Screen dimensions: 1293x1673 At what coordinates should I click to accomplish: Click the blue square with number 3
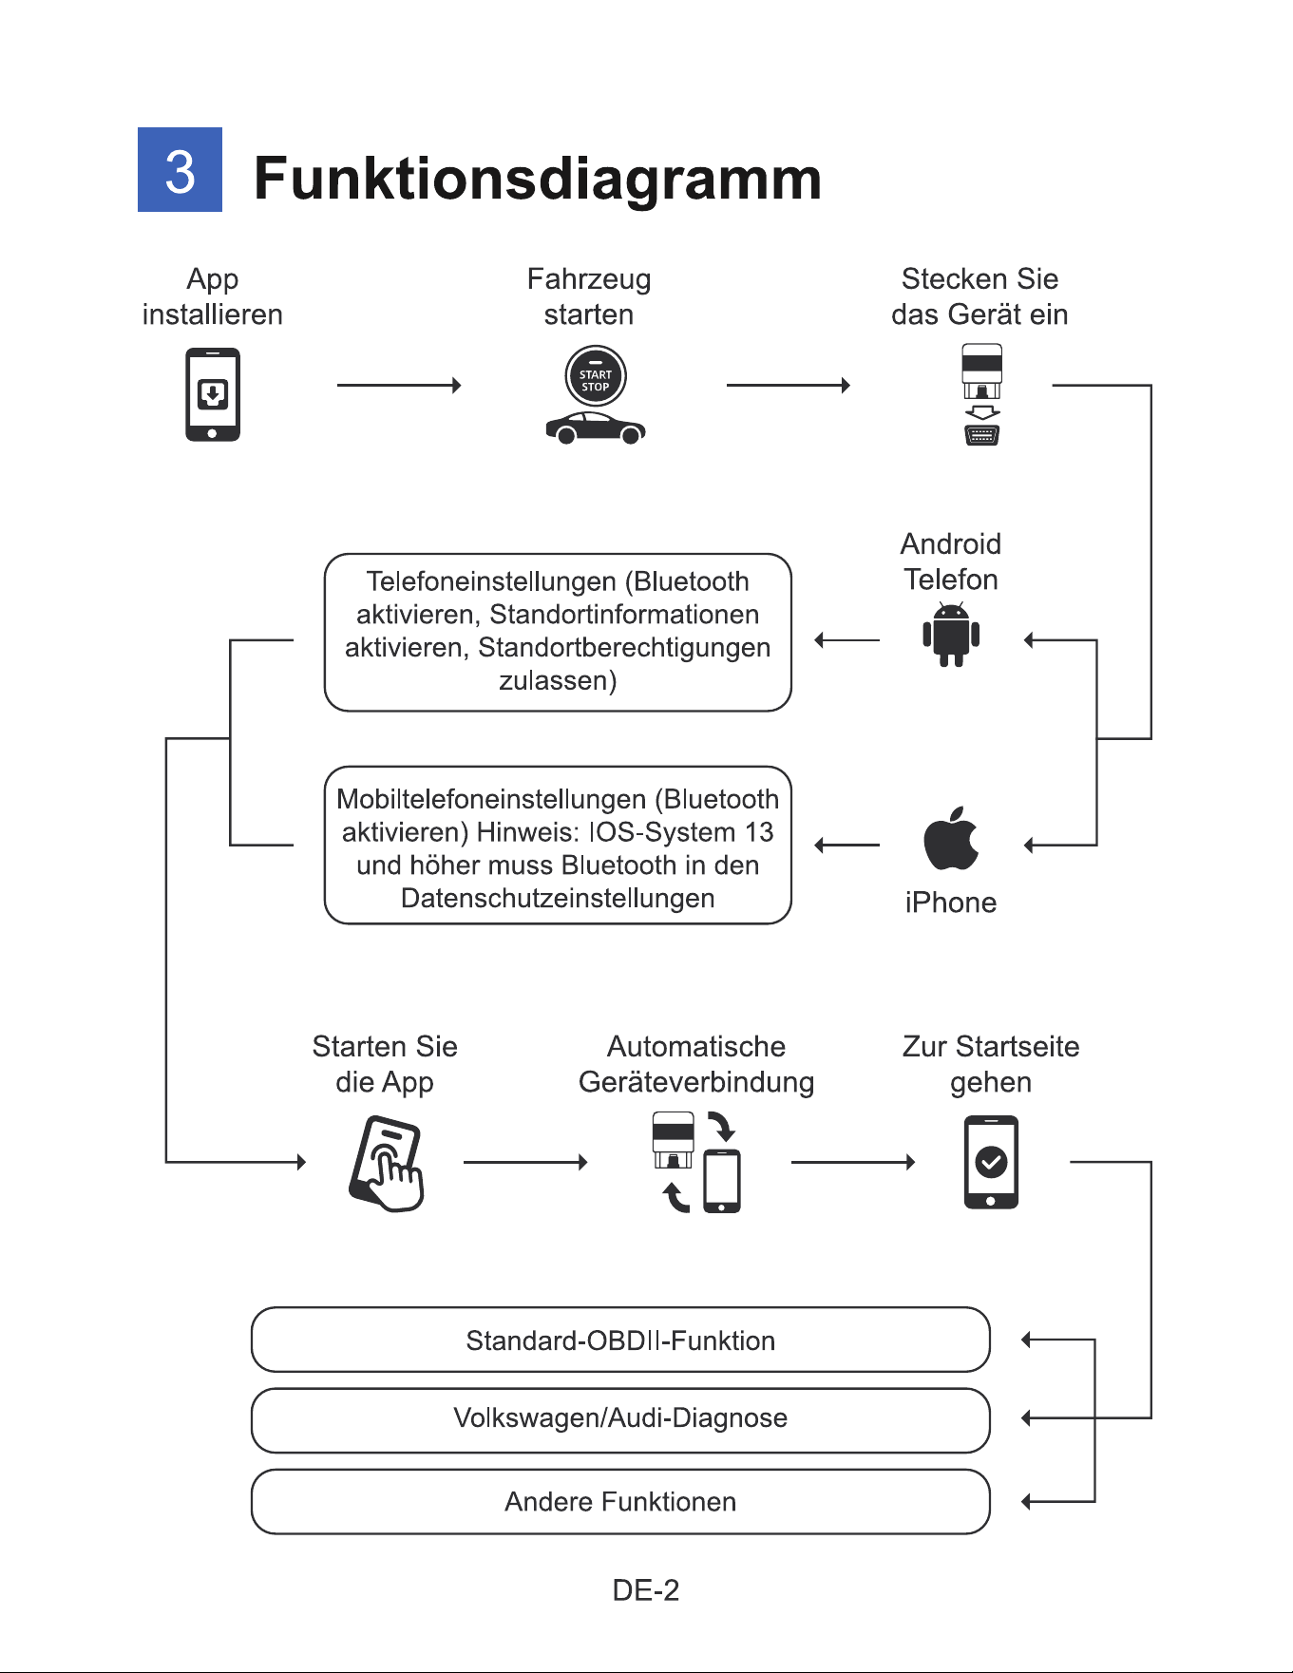[180, 169]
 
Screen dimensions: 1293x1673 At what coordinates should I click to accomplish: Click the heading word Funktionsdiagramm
[538, 179]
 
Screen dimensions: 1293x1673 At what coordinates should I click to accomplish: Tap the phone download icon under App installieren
[213, 394]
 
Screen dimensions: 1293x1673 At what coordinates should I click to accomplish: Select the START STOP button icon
[596, 376]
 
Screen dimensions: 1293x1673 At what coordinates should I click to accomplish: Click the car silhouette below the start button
[596, 428]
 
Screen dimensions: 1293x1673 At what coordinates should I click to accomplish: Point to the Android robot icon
[951, 634]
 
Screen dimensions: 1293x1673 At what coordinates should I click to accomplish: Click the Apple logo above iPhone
[951, 838]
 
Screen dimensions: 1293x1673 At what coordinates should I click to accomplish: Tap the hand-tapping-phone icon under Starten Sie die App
[386, 1164]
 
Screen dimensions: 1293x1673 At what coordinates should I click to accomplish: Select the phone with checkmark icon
[991, 1162]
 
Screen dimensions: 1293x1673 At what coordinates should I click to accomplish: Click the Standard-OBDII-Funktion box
[620, 1340]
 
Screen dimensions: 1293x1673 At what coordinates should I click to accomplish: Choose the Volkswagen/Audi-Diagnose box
[620, 1420]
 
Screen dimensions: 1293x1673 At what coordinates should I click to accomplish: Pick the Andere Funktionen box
[620, 1502]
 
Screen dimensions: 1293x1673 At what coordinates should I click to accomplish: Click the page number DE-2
[646, 1590]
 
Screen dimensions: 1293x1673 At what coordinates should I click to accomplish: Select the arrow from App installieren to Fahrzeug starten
[399, 385]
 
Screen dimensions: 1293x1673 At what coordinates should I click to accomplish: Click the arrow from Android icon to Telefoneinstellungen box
[847, 640]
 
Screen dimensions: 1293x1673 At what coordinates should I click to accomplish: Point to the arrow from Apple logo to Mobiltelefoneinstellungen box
[847, 845]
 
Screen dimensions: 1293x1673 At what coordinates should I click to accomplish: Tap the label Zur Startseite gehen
[991, 1064]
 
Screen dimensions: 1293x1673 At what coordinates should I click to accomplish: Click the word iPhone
[951, 903]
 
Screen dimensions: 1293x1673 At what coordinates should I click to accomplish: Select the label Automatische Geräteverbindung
[696, 1064]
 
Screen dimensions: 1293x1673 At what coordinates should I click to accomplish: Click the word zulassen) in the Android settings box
[558, 681]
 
